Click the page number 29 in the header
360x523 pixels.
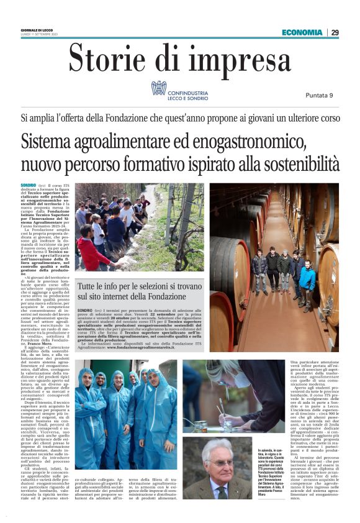point(335,32)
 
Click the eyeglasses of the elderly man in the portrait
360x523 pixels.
point(224,463)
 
